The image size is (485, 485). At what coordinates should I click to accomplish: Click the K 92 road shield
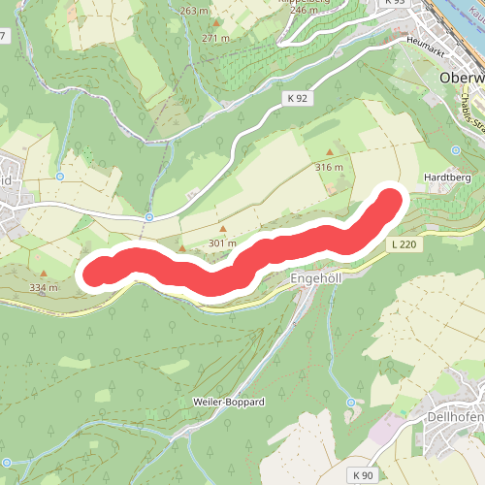296,98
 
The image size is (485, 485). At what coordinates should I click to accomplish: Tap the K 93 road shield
394,2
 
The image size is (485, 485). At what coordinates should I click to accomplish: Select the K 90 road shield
363,474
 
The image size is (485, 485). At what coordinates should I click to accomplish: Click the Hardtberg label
447,179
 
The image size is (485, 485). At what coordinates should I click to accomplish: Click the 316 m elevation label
330,167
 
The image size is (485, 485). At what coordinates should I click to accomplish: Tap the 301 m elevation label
222,243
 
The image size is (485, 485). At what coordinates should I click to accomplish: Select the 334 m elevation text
45,287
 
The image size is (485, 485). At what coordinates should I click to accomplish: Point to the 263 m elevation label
194,11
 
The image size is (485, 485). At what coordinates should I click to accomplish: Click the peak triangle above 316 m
330,152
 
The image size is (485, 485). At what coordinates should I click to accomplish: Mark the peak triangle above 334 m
45,274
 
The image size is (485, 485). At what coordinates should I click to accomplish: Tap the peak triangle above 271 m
216,22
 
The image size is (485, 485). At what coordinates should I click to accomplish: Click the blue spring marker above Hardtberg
456,150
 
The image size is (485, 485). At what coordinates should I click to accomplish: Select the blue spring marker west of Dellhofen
350,403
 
